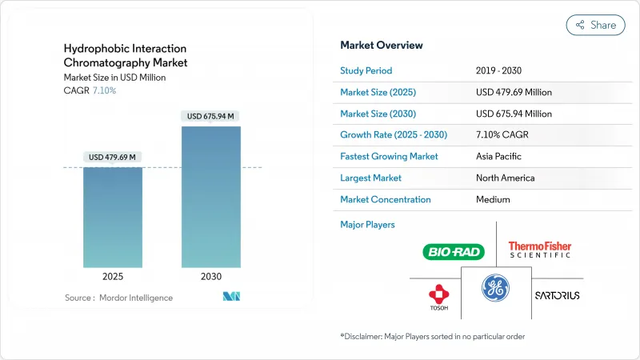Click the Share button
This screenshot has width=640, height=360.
pos(595,25)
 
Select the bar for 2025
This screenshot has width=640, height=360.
pos(113,217)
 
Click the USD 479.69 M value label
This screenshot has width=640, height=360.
pos(113,156)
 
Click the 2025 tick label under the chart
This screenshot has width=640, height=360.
pos(113,276)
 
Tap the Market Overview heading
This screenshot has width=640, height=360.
pos(382,46)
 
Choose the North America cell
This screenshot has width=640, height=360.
pos(505,178)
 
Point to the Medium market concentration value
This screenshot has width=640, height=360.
pos(493,199)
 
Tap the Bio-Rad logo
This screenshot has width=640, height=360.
pos(453,253)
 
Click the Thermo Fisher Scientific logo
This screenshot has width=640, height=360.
pos(540,250)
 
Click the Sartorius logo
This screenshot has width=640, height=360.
pos(557,295)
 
